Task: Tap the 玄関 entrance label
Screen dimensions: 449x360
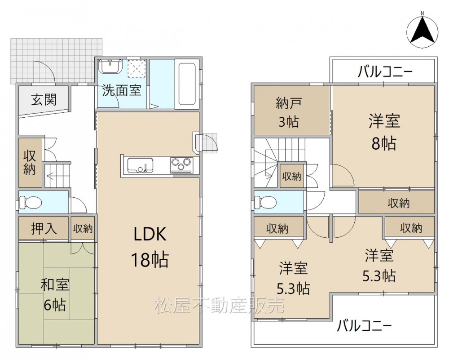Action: point(44,99)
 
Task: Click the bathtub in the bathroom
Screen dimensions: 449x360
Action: point(187,84)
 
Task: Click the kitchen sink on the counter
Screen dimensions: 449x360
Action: point(140,165)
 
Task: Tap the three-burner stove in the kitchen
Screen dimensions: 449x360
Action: point(181,165)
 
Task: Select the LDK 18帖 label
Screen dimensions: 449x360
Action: point(150,246)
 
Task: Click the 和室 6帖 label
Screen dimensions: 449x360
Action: point(54,295)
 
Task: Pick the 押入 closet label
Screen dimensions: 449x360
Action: point(44,228)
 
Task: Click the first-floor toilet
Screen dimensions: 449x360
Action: point(31,203)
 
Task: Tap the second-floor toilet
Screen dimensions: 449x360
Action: point(265,203)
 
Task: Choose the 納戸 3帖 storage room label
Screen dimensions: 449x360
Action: point(289,112)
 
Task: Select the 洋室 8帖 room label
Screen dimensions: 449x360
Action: point(384,132)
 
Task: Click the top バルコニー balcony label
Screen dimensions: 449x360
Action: point(385,71)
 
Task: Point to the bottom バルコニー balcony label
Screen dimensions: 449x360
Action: point(364,325)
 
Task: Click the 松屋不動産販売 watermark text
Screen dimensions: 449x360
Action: point(220,305)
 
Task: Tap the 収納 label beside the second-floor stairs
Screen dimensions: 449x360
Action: point(291,176)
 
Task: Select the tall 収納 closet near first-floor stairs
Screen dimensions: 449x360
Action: point(30,163)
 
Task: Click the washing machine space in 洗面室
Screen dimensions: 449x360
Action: point(136,68)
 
